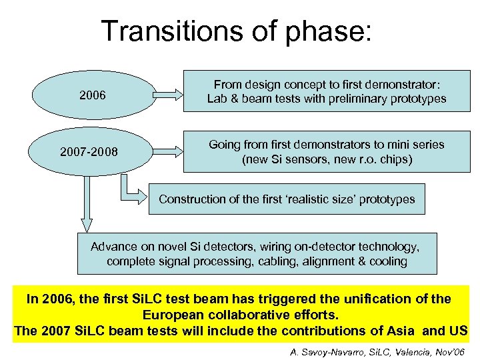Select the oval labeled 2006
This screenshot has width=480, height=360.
[92, 95]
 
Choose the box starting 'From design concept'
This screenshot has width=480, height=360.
[327, 92]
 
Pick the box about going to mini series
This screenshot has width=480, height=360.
[327, 152]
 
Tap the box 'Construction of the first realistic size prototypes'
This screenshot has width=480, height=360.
[287, 199]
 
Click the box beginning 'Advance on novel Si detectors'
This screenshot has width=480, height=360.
[257, 254]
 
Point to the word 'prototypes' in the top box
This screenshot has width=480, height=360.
[417, 99]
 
